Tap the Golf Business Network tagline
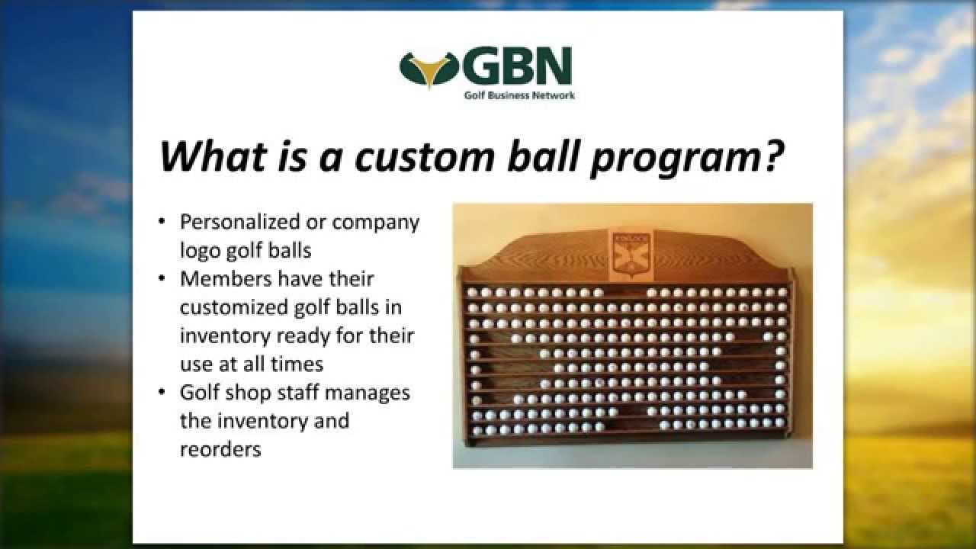point(519,95)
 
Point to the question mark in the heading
point(772,156)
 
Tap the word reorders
point(220,449)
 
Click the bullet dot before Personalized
point(162,223)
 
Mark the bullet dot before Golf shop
point(162,393)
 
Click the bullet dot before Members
point(162,279)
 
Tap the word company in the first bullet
point(374,223)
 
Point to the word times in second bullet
point(297,364)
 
